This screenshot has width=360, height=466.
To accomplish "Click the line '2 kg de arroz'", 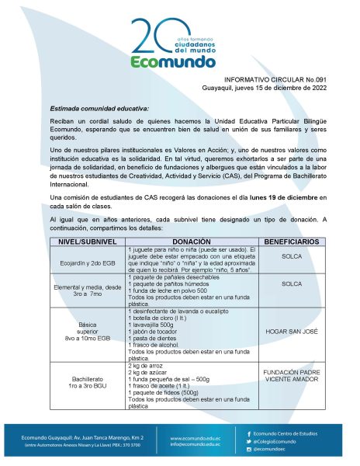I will [x=146, y=364].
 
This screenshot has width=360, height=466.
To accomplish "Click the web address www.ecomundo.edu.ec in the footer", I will [x=197, y=438].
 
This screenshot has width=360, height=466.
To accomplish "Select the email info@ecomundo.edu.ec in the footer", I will [x=198, y=445].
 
